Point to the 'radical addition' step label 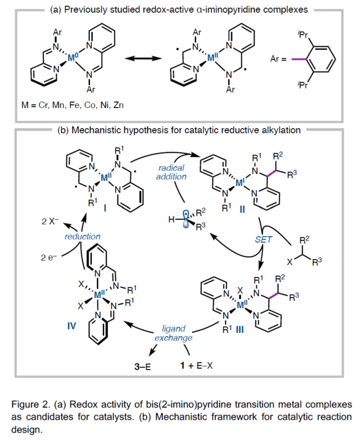(x=171, y=172)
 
